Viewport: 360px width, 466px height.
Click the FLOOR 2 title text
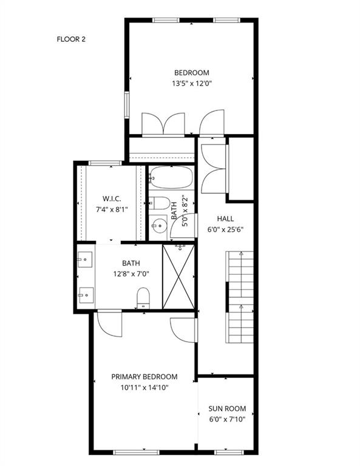click(71, 39)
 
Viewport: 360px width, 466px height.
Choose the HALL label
click(225, 219)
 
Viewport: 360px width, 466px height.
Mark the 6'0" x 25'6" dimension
click(225, 230)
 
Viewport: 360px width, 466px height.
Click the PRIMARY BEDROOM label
click(144, 377)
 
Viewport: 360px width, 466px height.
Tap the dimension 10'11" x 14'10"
click(144, 388)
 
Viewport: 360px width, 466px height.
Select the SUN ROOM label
click(227, 408)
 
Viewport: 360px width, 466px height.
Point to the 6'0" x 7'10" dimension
click(227, 419)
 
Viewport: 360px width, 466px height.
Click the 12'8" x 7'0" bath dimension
click(131, 274)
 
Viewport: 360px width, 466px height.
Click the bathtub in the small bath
click(171, 178)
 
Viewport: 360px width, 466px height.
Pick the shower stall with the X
click(179, 277)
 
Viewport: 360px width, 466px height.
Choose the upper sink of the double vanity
click(84, 260)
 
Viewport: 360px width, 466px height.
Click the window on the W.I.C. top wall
click(104, 163)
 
